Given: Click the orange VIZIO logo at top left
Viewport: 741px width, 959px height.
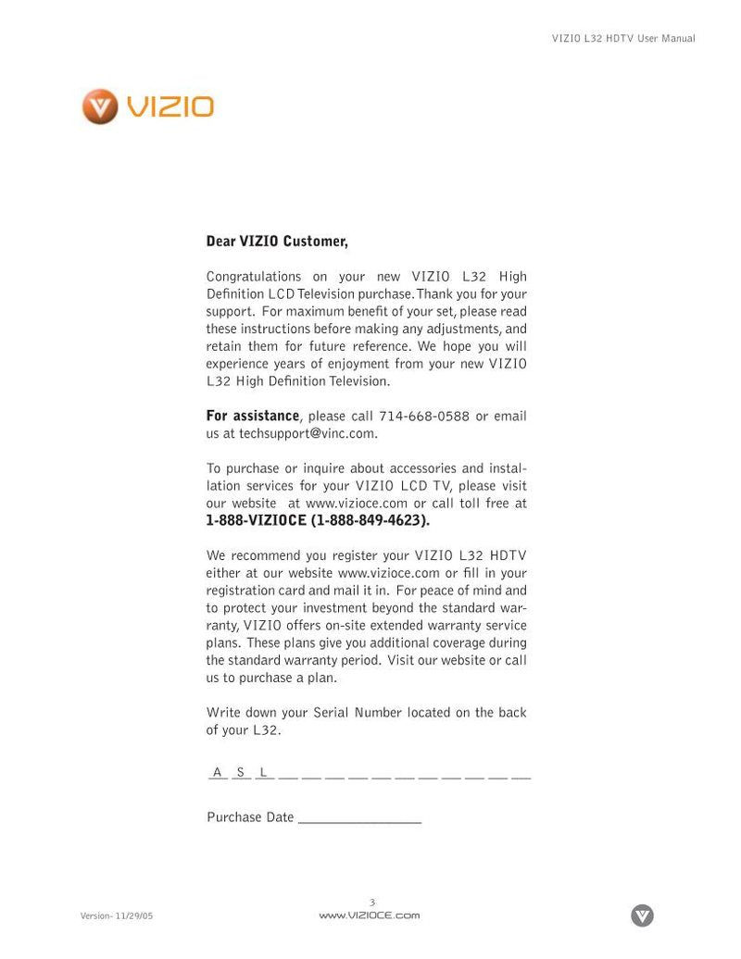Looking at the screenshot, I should [x=148, y=106].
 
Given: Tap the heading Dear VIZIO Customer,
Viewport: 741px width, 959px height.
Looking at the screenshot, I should [x=277, y=242].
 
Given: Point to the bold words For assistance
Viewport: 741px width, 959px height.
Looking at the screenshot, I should [x=252, y=417].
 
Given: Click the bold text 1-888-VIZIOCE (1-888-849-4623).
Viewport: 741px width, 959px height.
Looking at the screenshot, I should [x=318, y=520].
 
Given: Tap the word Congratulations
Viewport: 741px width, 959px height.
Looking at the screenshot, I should [x=254, y=277].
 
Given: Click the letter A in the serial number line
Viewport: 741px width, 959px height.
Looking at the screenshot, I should [x=218, y=772].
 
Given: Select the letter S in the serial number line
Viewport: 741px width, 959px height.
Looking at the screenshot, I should [x=241, y=772].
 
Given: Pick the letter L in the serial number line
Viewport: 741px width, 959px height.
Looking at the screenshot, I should [x=264, y=772].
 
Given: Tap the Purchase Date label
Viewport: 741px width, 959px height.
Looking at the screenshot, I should [x=250, y=817].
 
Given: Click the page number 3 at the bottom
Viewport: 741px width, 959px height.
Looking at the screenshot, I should [x=372, y=903].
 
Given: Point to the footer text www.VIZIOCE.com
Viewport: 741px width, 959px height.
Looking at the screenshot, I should [x=370, y=915].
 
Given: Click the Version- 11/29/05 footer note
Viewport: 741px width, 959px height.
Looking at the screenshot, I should [x=117, y=915].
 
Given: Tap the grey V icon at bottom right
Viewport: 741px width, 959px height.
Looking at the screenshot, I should [x=642, y=915].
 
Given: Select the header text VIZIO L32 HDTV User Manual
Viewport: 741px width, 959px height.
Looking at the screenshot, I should [x=623, y=39].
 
